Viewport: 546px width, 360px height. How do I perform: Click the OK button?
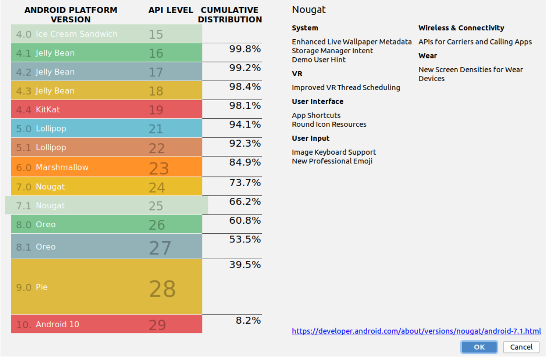(x=479, y=347)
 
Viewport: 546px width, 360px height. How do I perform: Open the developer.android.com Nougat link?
(x=416, y=331)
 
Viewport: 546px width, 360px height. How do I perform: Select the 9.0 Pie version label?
(x=32, y=287)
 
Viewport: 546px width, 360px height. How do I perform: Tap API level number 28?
(x=162, y=289)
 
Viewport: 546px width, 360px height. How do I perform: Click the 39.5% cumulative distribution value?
(x=245, y=265)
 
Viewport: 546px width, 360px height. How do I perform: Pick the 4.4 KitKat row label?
(x=38, y=110)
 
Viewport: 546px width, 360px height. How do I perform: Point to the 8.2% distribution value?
(x=248, y=320)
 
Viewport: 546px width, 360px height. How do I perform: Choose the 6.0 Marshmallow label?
(x=52, y=167)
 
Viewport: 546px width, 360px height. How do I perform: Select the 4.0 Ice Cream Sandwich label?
(x=66, y=34)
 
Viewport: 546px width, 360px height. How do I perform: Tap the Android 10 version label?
(x=48, y=325)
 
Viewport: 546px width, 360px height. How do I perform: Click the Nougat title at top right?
(x=309, y=10)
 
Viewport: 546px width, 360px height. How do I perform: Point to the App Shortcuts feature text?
(x=316, y=115)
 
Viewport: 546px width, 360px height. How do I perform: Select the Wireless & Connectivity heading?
(x=461, y=28)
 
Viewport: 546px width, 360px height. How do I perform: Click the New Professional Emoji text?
(x=332, y=161)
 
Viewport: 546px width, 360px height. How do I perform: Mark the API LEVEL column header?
(x=170, y=10)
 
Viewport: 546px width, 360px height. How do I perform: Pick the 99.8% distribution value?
(x=245, y=49)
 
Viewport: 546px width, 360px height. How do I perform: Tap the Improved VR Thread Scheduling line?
(x=346, y=87)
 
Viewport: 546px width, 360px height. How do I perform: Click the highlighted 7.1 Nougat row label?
(x=41, y=206)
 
